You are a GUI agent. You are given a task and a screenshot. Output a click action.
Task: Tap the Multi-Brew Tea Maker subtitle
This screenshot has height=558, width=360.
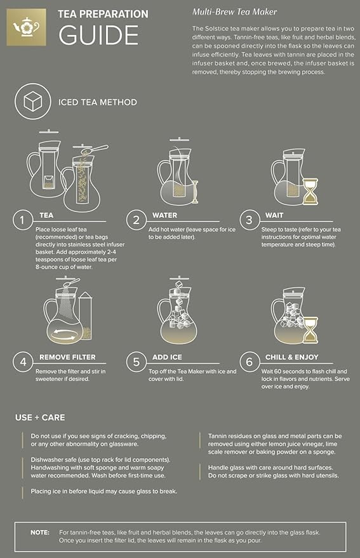(x=234, y=12)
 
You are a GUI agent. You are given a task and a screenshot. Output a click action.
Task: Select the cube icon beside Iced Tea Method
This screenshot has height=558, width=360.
(x=32, y=102)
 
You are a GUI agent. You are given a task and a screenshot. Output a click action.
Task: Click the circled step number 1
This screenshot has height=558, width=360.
(x=23, y=220)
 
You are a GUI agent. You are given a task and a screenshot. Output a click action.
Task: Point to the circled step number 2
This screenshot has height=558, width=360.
(x=137, y=220)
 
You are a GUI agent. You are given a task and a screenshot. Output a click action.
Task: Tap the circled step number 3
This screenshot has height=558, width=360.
(x=250, y=220)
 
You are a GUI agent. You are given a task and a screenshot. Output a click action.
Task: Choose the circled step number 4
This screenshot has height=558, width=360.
(x=23, y=362)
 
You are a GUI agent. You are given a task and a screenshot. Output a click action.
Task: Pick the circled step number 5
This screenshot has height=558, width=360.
(x=137, y=362)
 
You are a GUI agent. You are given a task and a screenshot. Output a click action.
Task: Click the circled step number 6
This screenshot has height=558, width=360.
(x=250, y=362)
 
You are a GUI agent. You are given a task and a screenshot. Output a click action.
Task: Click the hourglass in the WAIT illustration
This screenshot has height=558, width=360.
(x=309, y=190)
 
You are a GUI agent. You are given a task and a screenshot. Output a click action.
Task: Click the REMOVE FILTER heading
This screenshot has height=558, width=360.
(x=68, y=357)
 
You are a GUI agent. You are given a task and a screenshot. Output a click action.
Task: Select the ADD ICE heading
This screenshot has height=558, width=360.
(x=168, y=357)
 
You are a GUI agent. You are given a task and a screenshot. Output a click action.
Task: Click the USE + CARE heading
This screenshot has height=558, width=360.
(x=40, y=418)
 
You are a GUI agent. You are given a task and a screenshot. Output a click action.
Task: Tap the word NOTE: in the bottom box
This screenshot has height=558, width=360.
(x=41, y=532)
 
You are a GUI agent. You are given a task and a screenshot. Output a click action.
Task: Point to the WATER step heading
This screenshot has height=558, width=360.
(x=164, y=215)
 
